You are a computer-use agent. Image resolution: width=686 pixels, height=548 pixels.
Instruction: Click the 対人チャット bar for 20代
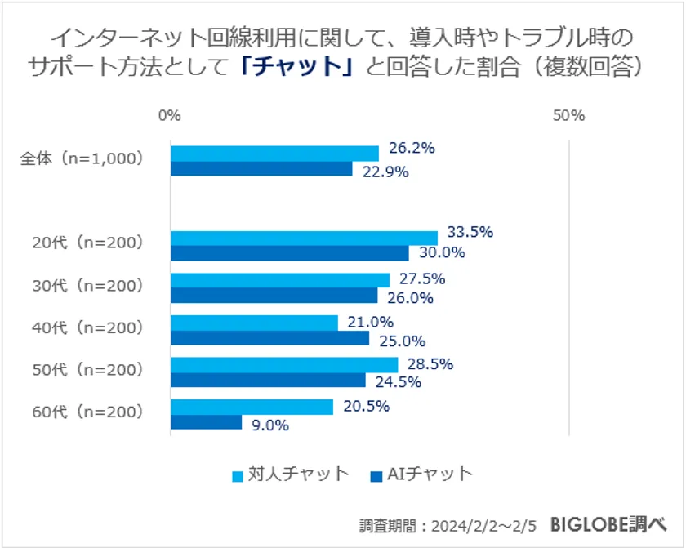pyautogui.click(x=304, y=238)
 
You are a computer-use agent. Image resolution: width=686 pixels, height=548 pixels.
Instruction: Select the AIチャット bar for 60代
pyautogui.click(x=206, y=422)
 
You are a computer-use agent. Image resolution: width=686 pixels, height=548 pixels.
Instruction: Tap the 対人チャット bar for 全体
pyautogui.click(x=274, y=154)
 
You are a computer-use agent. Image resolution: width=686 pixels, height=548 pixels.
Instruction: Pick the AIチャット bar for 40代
pyautogui.click(x=269, y=338)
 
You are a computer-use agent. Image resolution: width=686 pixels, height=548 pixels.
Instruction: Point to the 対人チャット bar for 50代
pyautogui.click(x=284, y=364)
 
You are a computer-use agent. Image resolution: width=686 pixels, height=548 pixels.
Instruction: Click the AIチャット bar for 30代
pyautogui.click(x=274, y=296)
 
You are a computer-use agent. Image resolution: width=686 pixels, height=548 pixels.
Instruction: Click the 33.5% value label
pyautogui.click(x=470, y=232)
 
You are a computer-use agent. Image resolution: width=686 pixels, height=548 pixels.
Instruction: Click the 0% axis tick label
pyautogui.click(x=169, y=115)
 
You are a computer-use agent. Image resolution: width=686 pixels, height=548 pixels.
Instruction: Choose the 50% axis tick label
pyautogui.click(x=568, y=115)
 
